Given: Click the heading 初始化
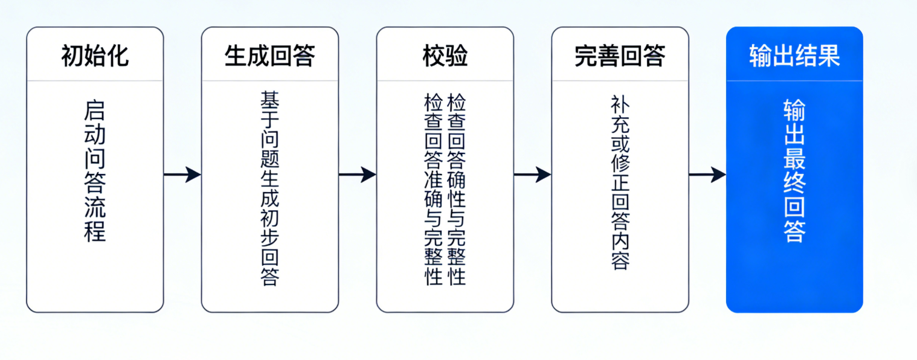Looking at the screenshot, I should coord(95,56).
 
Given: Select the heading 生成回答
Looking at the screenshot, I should coord(269,56).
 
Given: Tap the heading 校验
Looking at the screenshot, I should coord(445,56).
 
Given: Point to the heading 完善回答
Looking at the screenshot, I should coord(620,56).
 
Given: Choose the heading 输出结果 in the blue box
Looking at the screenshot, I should coord(794,56).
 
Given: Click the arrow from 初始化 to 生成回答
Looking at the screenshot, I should coord(182,175).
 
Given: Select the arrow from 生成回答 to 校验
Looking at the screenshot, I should coord(357,175).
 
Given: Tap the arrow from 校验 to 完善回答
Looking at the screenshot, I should coord(532,175).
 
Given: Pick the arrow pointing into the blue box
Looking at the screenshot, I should coord(707,175).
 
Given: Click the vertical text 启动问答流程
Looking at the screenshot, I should coord(95,172).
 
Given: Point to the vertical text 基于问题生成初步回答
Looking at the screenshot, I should coord(269,188).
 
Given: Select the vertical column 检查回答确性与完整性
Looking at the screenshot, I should coord(456,188).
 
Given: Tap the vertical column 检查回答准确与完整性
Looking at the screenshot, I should coord(434,188).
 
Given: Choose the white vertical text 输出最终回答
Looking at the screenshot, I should coord(794,172).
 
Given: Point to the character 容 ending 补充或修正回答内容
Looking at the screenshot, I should coord(620,261).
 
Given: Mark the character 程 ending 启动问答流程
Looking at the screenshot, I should coord(95,232).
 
